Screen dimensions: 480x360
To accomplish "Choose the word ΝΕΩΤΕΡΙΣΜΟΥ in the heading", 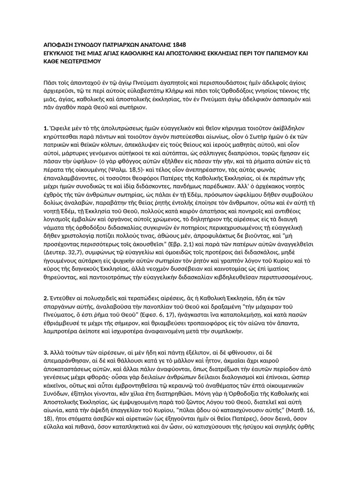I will coord(82,61).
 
